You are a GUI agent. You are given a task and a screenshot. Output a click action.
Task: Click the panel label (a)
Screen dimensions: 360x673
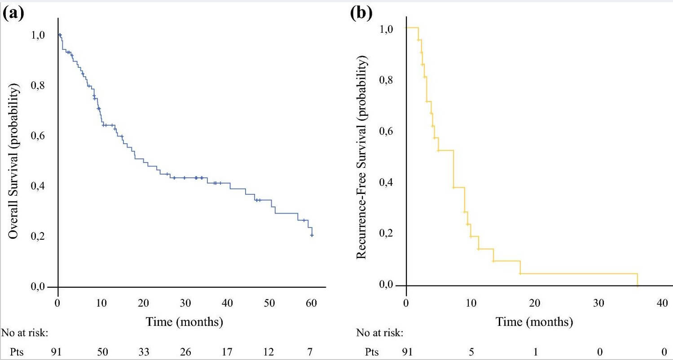(x=13, y=14)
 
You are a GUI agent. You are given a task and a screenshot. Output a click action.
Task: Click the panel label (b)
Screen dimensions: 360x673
(x=361, y=14)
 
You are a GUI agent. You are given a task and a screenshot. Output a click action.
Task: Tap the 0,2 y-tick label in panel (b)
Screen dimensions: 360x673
(x=388, y=234)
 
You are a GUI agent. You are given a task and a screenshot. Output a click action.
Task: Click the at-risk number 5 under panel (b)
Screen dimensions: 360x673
(x=471, y=351)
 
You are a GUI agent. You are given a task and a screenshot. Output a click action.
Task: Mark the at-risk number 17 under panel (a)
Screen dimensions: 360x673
(x=227, y=351)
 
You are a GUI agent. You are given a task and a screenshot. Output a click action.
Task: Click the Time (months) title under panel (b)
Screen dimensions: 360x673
(x=534, y=322)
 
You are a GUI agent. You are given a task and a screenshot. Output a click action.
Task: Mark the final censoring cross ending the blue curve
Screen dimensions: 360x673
(x=312, y=235)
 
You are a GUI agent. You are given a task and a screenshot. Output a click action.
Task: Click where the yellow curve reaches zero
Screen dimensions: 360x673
(x=638, y=285)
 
